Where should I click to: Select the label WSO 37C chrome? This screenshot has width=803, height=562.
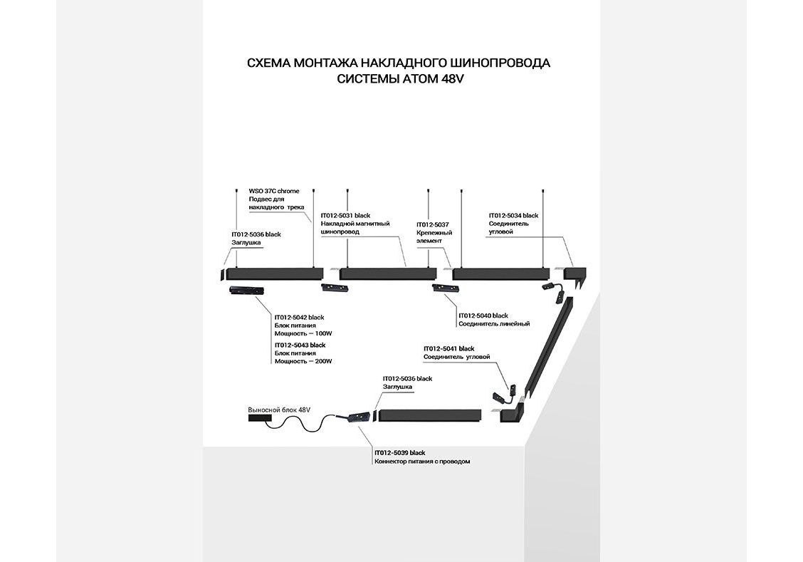pos(274,191)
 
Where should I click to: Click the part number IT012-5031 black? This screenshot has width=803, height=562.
pos(345,215)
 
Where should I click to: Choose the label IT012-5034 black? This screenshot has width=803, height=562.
pos(513,215)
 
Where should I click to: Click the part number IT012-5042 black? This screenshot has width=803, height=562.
pos(300,317)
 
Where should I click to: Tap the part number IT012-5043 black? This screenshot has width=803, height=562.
pos(300,345)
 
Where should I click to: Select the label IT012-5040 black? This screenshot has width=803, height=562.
pos(483,316)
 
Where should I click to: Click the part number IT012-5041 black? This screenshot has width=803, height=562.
pos(448,348)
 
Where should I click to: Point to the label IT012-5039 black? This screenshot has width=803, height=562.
pos(399,453)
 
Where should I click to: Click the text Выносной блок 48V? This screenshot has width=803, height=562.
pos(280,410)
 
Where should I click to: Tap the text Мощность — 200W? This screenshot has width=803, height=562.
pos(303,361)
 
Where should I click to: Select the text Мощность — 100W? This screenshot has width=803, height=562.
pos(303,333)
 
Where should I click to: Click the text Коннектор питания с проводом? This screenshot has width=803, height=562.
pos(422,462)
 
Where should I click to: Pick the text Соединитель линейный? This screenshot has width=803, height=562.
pos(494,324)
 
